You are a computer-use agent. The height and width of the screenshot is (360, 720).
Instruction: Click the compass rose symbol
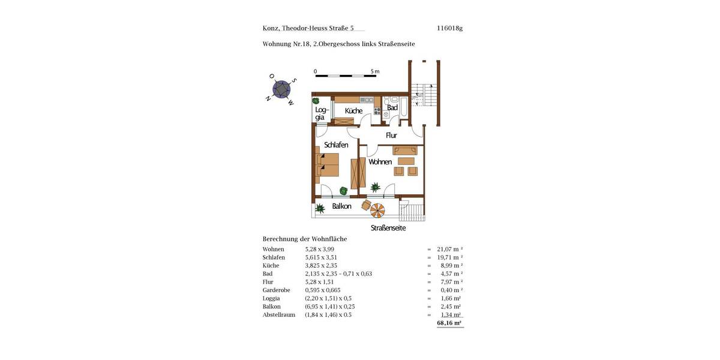click(281, 89)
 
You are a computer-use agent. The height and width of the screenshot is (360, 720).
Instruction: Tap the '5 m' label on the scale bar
click(375, 71)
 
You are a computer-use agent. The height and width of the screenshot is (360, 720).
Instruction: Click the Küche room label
click(353, 110)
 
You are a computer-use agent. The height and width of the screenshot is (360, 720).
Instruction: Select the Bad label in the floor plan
click(392, 108)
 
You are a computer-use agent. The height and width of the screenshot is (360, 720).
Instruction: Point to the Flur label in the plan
click(391, 135)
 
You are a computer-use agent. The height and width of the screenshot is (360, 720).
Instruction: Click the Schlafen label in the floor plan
click(336, 145)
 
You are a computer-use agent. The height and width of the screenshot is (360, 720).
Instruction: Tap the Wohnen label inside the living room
click(380, 161)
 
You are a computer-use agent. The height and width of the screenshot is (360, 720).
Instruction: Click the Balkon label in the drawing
click(341, 206)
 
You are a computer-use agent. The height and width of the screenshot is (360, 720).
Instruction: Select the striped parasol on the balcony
click(378, 210)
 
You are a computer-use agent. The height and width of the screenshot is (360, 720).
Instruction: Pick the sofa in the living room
click(405, 150)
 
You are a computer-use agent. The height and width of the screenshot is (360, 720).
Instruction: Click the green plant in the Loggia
click(316, 101)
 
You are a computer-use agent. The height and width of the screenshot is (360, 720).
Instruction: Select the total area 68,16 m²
click(449, 323)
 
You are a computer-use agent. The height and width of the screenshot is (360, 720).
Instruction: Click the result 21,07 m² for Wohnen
click(449, 249)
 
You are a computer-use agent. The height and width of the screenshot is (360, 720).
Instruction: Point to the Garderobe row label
click(276, 290)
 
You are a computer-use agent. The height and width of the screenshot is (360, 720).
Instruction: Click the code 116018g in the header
click(450, 28)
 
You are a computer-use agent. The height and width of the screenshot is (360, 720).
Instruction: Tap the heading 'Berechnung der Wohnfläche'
click(305, 238)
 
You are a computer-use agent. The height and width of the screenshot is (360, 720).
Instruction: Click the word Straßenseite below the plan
click(388, 228)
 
